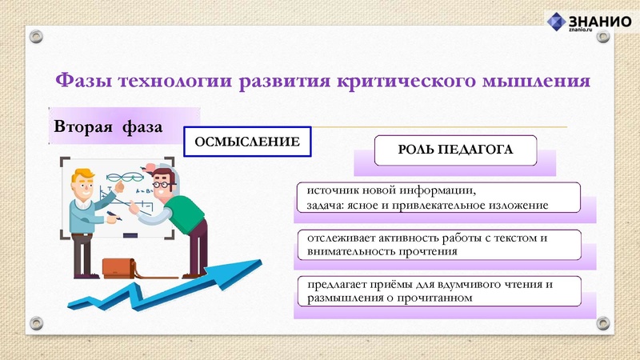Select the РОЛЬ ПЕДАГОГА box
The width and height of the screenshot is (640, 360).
[x=455, y=150]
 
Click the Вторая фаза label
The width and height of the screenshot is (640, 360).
[x=109, y=127]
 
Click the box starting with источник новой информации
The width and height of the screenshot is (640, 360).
[x=437, y=198]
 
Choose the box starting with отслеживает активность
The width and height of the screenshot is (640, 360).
[x=437, y=245]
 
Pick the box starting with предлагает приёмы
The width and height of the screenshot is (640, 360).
[x=437, y=291]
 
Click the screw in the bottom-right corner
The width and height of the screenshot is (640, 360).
[x=604, y=322]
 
